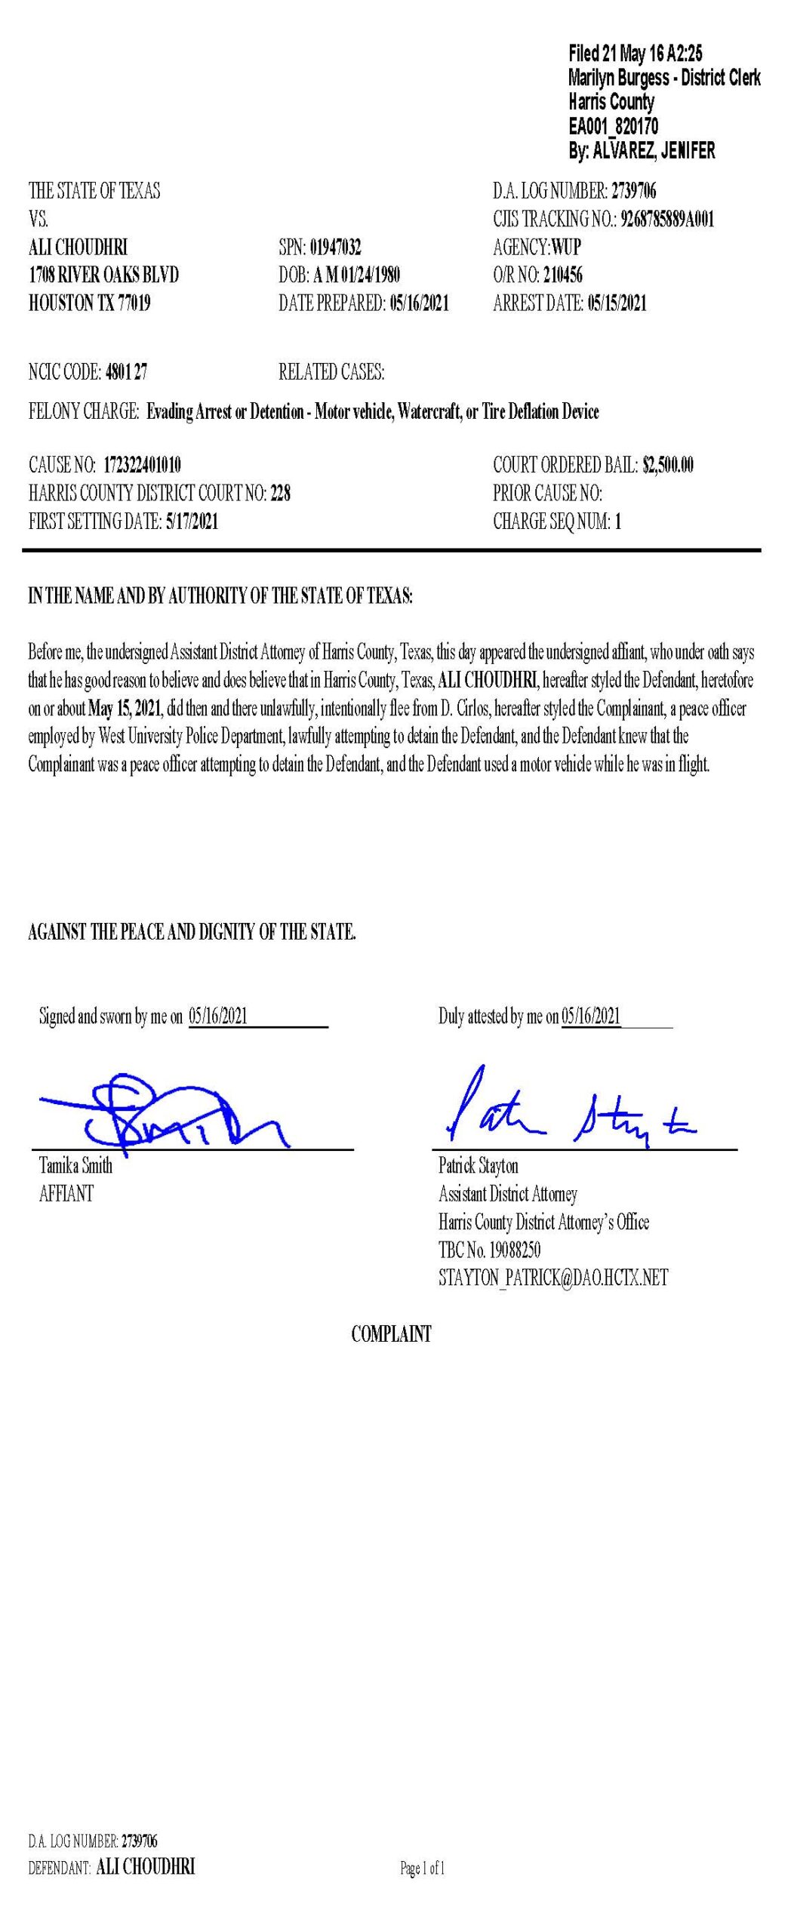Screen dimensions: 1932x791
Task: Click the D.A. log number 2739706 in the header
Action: tap(633, 191)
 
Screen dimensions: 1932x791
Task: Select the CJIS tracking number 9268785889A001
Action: tap(666, 219)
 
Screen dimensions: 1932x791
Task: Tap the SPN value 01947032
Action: tap(335, 247)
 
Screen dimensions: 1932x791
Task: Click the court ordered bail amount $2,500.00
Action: tap(667, 465)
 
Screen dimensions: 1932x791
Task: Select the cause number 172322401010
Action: tap(142, 465)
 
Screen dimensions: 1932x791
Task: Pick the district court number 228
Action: tap(280, 493)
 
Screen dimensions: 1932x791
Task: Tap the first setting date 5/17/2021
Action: tap(192, 521)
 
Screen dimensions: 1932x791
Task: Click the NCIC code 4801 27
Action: tap(126, 371)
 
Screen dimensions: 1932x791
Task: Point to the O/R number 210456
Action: tap(562, 275)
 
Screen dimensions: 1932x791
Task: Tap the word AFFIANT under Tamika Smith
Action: tap(66, 1193)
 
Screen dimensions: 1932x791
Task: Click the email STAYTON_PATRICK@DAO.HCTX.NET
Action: tap(553, 1278)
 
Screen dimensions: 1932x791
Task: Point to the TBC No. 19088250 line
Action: tap(489, 1250)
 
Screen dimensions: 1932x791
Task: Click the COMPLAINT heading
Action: tap(391, 1334)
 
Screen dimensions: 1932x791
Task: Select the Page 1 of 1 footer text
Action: tap(422, 1868)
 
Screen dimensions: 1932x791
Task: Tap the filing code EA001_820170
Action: tap(613, 126)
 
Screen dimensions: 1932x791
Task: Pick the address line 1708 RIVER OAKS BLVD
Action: tap(103, 275)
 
